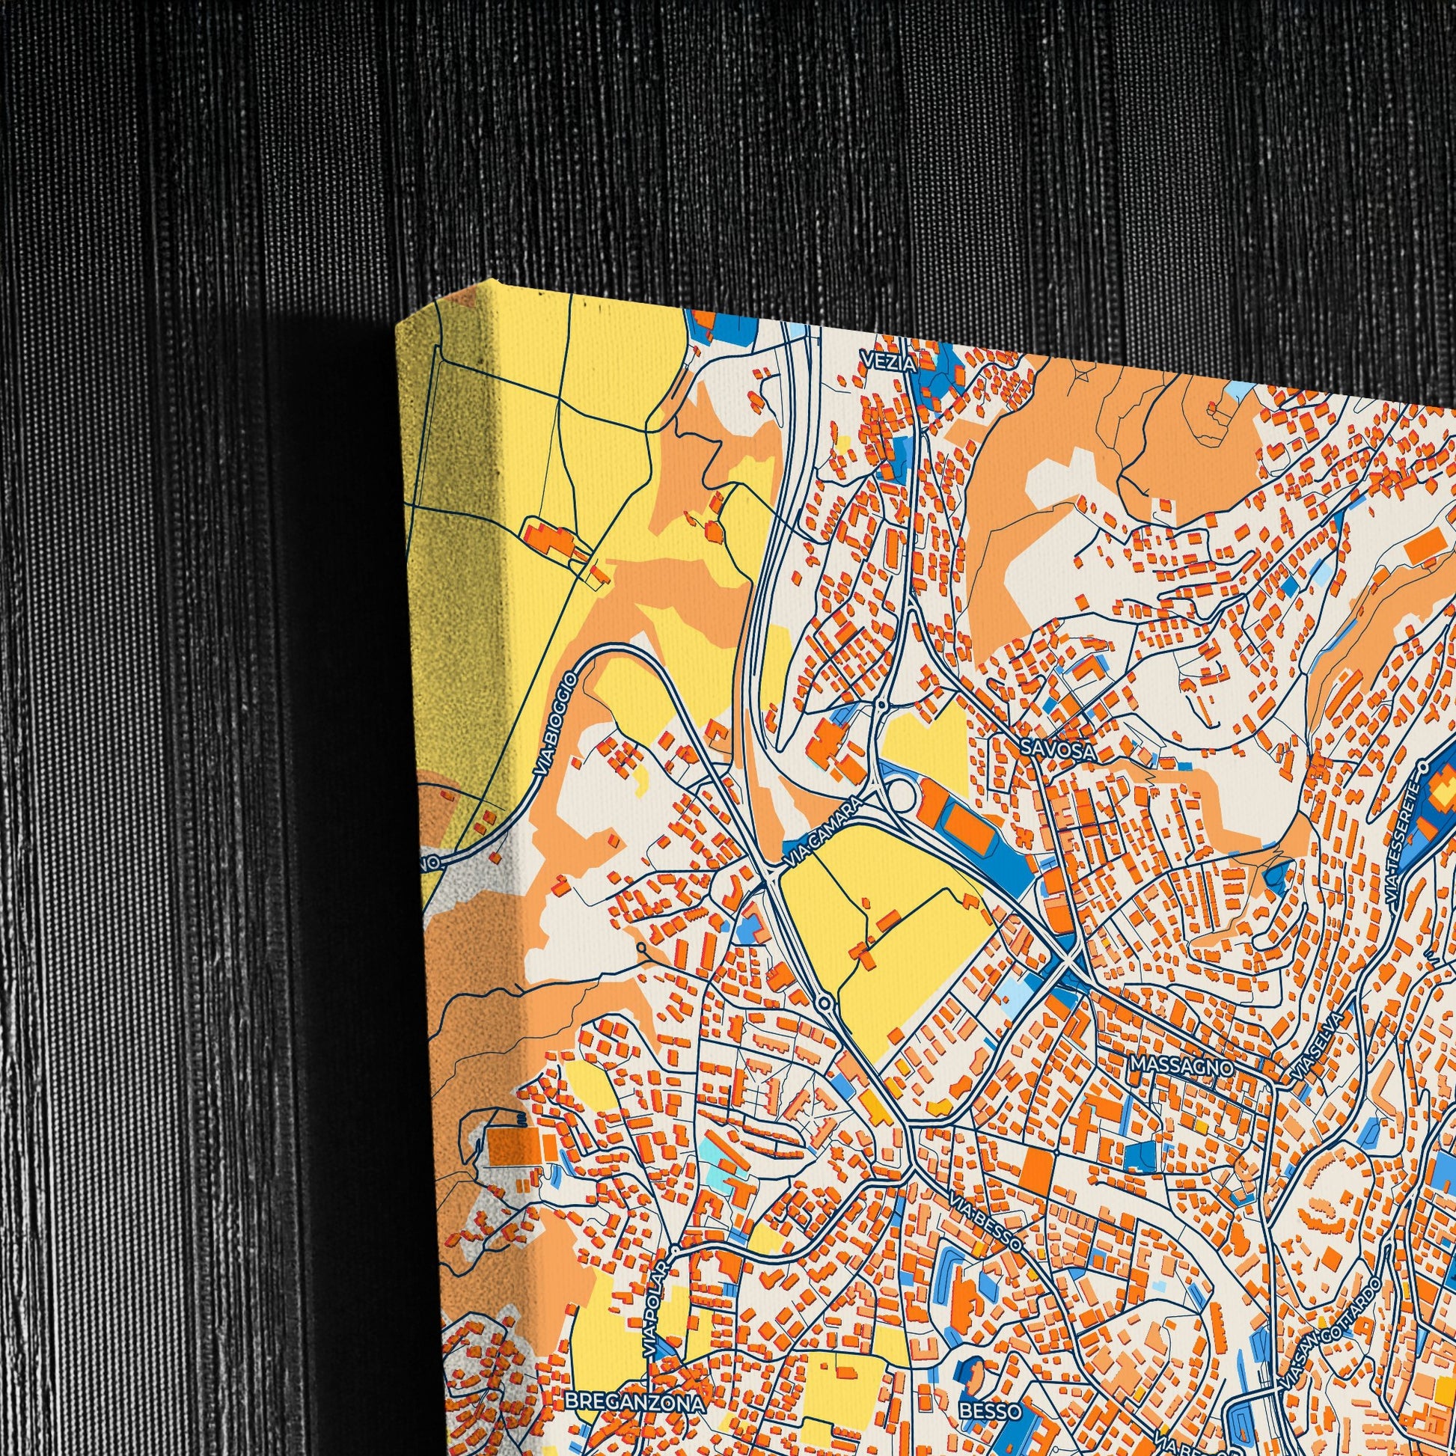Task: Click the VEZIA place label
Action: pyautogui.click(x=890, y=363)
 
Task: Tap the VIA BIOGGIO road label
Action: pyautogui.click(x=557, y=725)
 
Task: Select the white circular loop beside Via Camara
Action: pyautogui.click(x=902, y=795)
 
